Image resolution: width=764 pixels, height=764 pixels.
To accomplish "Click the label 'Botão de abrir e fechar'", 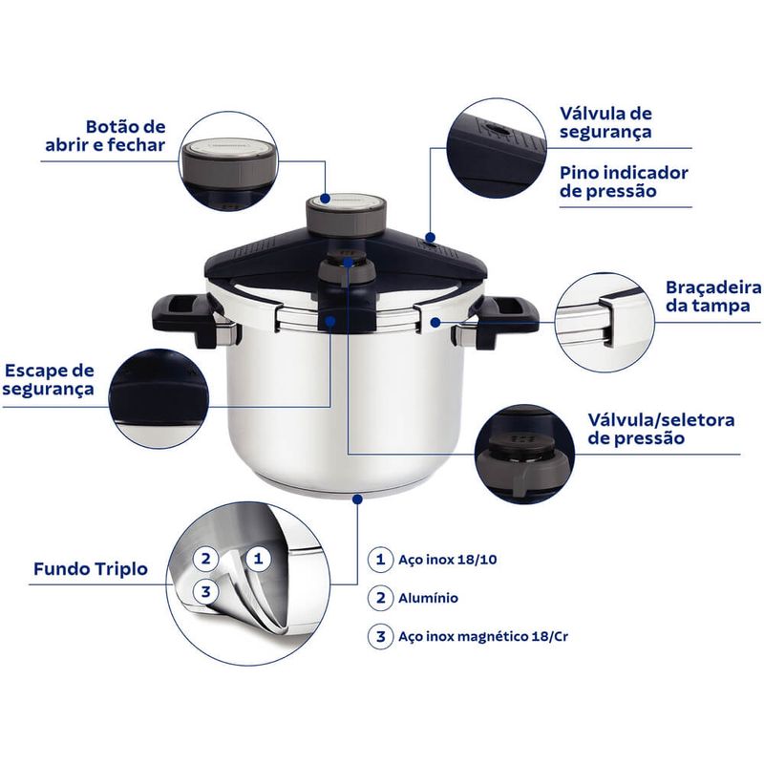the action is point(105,136).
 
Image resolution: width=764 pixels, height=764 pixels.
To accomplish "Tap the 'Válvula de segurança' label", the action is point(605,122).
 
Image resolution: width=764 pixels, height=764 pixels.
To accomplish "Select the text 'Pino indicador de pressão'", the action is point(624,181).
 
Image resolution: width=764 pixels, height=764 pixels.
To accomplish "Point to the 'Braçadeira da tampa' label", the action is point(713,296).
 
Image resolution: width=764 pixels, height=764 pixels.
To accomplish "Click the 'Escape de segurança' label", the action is point(49,379).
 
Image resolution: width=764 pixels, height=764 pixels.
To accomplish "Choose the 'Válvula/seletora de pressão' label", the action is point(661,429).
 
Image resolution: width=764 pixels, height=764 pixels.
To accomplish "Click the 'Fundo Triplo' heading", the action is point(91,568).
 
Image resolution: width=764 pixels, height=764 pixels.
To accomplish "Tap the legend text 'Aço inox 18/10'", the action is point(448,560).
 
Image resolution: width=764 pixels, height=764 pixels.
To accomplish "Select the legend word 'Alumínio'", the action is point(428,598).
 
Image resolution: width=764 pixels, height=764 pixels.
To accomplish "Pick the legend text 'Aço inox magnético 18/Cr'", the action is point(483,636).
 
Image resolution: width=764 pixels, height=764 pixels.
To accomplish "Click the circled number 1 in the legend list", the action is point(380,560).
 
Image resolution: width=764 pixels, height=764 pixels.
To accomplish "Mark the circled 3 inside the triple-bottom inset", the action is point(205,592).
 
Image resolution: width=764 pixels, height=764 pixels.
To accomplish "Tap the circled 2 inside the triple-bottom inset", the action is point(205,558).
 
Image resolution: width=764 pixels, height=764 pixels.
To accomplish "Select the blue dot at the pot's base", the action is point(357,499).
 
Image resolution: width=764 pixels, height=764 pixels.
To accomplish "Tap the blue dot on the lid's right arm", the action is point(431,238).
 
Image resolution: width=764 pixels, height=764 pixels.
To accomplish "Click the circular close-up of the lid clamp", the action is point(605,322).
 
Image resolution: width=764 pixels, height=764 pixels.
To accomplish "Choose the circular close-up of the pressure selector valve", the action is point(524,455).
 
